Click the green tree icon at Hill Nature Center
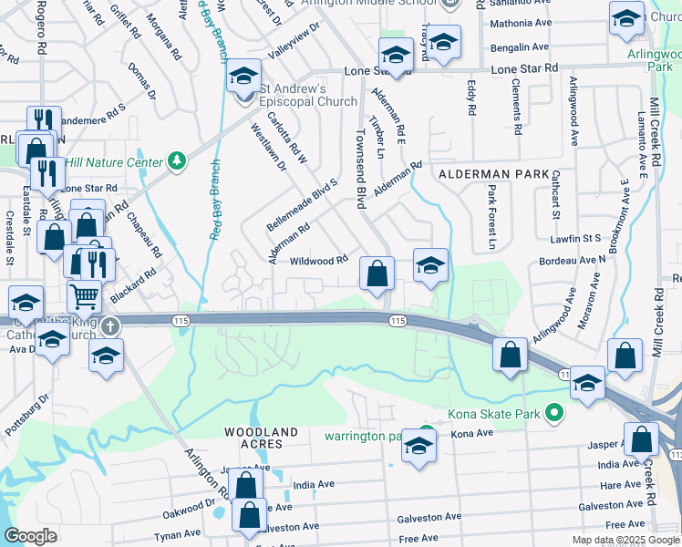tap(177, 161)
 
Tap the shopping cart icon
tap(84, 295)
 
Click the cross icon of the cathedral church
tap(109, 325)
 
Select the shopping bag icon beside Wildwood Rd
tap(377, 273)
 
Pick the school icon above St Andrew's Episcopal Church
tap(243, 76)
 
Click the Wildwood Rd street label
tap(319, 260)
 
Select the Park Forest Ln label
tap(491, 218)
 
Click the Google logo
tap(31, 535)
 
